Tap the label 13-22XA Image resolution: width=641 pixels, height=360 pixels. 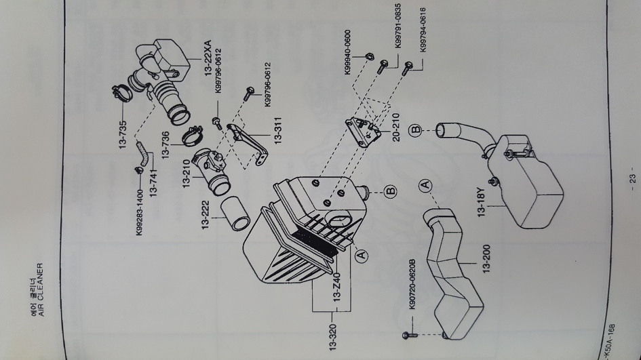coord(208,58)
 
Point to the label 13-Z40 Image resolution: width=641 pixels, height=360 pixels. coord(337,287)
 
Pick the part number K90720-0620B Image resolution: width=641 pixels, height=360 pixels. coord(412,284)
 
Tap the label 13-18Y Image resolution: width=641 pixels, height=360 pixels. coord(481,202)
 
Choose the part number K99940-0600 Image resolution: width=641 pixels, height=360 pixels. coord(347,52)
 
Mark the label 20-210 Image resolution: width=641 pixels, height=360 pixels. coord(395,127)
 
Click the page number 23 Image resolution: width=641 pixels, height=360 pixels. coord(632,178)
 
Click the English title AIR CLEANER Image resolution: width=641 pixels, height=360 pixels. coord(40,289)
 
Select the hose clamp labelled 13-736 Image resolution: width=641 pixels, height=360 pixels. coord(192,137)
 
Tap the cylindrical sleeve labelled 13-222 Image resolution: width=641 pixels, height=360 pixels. coord(235,214)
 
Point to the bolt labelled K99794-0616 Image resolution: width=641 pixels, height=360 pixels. coord(407,68)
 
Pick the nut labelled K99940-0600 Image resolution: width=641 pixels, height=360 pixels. coord(368,56)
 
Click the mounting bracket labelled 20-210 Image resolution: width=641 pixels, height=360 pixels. coord(364,132)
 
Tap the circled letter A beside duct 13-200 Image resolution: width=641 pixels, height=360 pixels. coord(425,186)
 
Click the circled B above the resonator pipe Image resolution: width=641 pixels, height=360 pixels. coord(415,130)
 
